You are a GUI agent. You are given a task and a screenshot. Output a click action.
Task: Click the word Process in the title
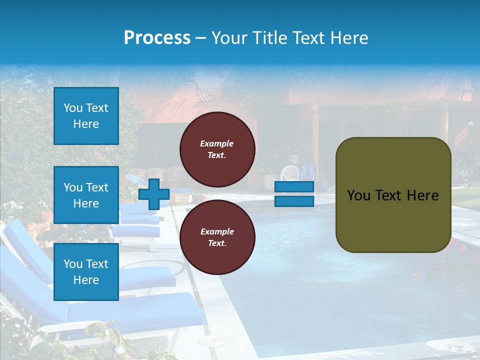[157, 38]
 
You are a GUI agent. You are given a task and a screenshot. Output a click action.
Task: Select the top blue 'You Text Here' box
[86, 116]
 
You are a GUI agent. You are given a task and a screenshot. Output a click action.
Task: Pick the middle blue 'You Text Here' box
[86, 195]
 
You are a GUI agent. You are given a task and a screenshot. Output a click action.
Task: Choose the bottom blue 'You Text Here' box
[86, 272]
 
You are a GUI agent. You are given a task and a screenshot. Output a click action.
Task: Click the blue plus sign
[153, 194]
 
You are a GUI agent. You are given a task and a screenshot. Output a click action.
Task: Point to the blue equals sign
[294, 194]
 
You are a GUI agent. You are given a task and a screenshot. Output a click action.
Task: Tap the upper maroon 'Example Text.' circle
[217, 149]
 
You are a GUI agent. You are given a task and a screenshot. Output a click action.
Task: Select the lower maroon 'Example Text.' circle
[217, 237]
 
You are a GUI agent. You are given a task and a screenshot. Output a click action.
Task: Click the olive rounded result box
[393, 195]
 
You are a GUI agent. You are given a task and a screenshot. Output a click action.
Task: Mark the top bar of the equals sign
[294, 187]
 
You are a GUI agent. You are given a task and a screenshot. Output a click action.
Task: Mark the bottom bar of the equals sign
[294, 201]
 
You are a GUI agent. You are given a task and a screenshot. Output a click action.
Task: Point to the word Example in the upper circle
[217, 143]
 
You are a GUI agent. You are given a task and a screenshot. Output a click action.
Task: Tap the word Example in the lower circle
[217, 231]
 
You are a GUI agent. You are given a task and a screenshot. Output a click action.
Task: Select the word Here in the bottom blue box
[86, 280]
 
